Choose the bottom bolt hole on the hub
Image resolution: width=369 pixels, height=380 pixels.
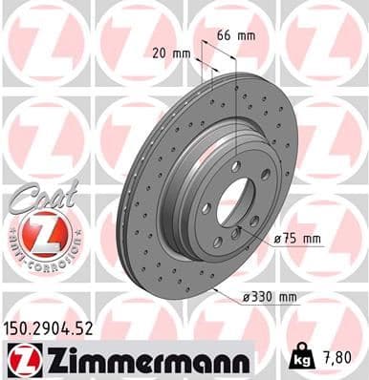coord(232,259)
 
